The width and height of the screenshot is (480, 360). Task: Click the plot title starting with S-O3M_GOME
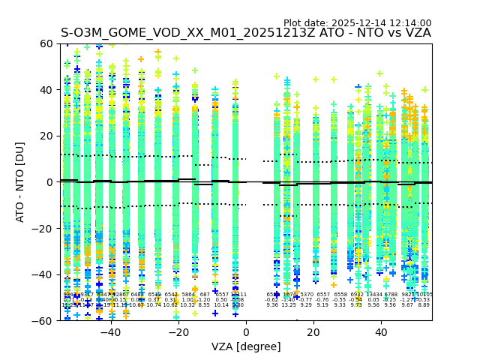[x=245, y=33]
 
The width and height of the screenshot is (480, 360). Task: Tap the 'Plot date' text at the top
[x=357, y=23]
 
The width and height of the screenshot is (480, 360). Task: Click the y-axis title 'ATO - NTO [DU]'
[x=21, y=182]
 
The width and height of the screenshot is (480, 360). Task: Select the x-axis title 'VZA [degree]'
[x=246, y=346]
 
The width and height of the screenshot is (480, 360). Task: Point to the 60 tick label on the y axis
[x=46, y=44]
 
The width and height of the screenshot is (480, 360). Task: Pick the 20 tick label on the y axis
[x=46, y=136]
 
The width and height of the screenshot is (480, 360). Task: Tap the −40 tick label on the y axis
[x=43, y=274]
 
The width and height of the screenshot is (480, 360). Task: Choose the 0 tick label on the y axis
[x=49, y=182]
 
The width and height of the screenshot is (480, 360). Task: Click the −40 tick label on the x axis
[x=110, y=332]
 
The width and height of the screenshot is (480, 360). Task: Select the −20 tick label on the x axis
[x=178, y=332]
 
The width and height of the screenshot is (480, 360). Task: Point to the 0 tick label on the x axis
[x=246, y=332]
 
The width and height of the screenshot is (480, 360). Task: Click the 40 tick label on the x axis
[x=381, y=332]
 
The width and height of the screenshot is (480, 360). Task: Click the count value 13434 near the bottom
[x=373, y=295]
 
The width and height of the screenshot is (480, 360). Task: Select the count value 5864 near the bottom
[x=188, y=295]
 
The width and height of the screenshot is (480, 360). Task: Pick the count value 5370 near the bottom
[x=307, y=295]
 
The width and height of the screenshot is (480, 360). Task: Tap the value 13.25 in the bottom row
[x=289, y=305]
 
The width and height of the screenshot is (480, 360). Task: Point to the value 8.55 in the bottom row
[x=204, y=305]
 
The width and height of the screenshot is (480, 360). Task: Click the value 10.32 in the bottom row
[x=187, y=305]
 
